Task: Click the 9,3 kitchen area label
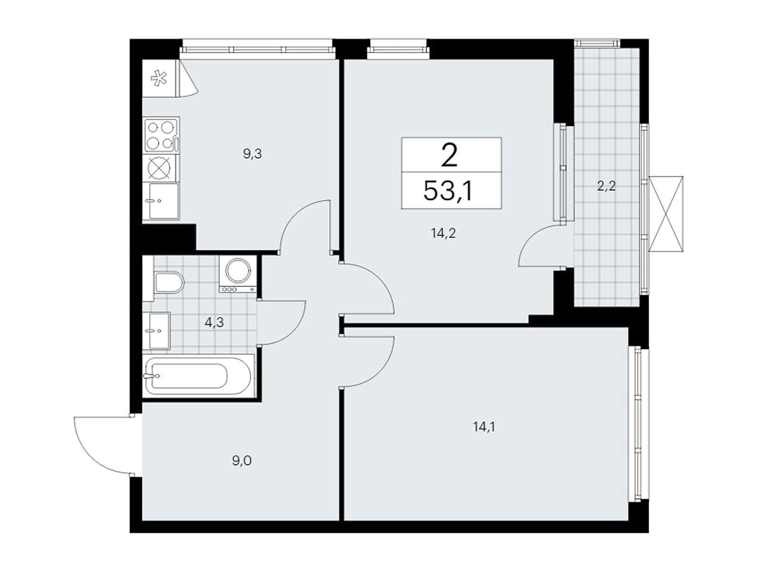click(x=252, y=154)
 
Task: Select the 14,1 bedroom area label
click(x=484, y=427)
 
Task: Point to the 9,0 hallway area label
click(x=242, y=461)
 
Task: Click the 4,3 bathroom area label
click(x=214, y=323)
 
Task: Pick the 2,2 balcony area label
click(x=606, y=187)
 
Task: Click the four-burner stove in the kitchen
click(x=161, y=135)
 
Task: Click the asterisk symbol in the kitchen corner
click(x=159, y=78)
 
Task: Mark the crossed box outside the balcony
click(x=666, y=214)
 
